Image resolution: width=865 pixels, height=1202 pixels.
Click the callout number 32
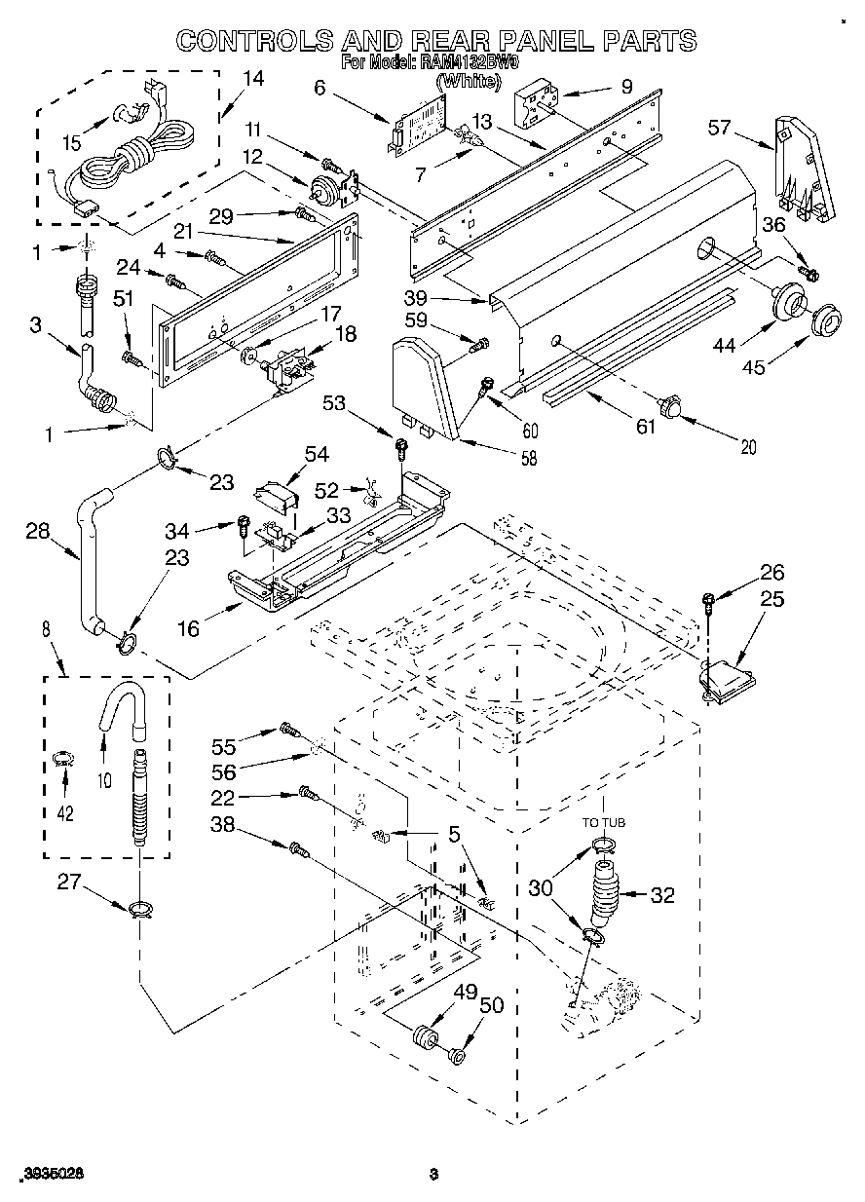[x=661, y=894]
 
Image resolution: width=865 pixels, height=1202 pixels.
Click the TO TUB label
[x=604, y=823]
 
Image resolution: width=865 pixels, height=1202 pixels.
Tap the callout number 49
[x=466, y=993]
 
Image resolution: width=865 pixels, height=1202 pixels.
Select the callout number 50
[x=493, y=1005]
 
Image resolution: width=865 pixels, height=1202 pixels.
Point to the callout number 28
[x=37, y=531]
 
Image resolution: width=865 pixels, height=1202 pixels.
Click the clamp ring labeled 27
[x=140, y=910]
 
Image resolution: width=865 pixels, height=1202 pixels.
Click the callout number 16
[x=187, y=627]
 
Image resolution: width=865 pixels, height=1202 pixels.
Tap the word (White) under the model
[x=469, y=82]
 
